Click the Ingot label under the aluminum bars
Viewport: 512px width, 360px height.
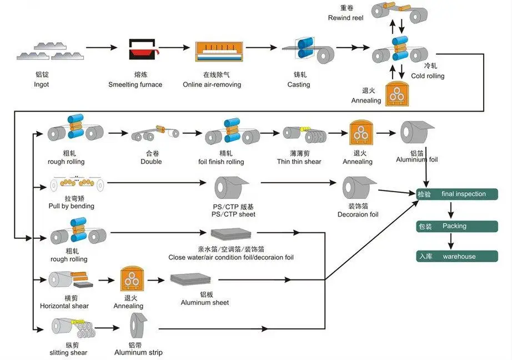coord(41,84)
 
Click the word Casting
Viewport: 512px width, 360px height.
coord(298,84)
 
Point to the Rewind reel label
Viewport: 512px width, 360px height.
coord(345,18)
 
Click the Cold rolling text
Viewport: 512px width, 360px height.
coord(428,76)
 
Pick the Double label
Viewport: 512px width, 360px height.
coord(151,161)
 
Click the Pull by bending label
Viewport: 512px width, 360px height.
coord(72,206)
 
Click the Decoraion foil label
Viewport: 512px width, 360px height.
coord(358,214)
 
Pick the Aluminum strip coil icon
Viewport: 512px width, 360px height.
coord(138,327)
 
